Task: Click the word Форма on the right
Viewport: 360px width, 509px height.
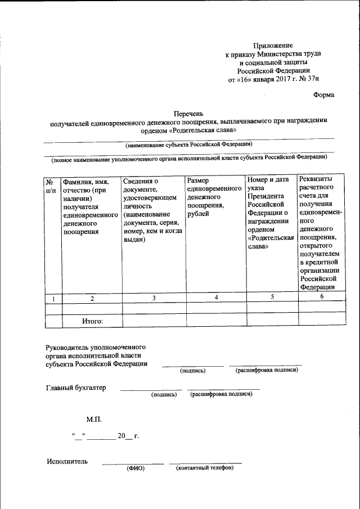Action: click(323, 94)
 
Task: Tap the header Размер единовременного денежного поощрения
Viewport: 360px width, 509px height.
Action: click(214, 197)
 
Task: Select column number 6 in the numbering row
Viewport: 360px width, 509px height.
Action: click(322, 297)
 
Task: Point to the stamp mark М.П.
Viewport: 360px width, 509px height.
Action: click(94, 420)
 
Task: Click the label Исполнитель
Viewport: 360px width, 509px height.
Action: click(67, 462)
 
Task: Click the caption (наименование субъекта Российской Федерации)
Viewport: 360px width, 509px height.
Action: click(188, 144)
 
